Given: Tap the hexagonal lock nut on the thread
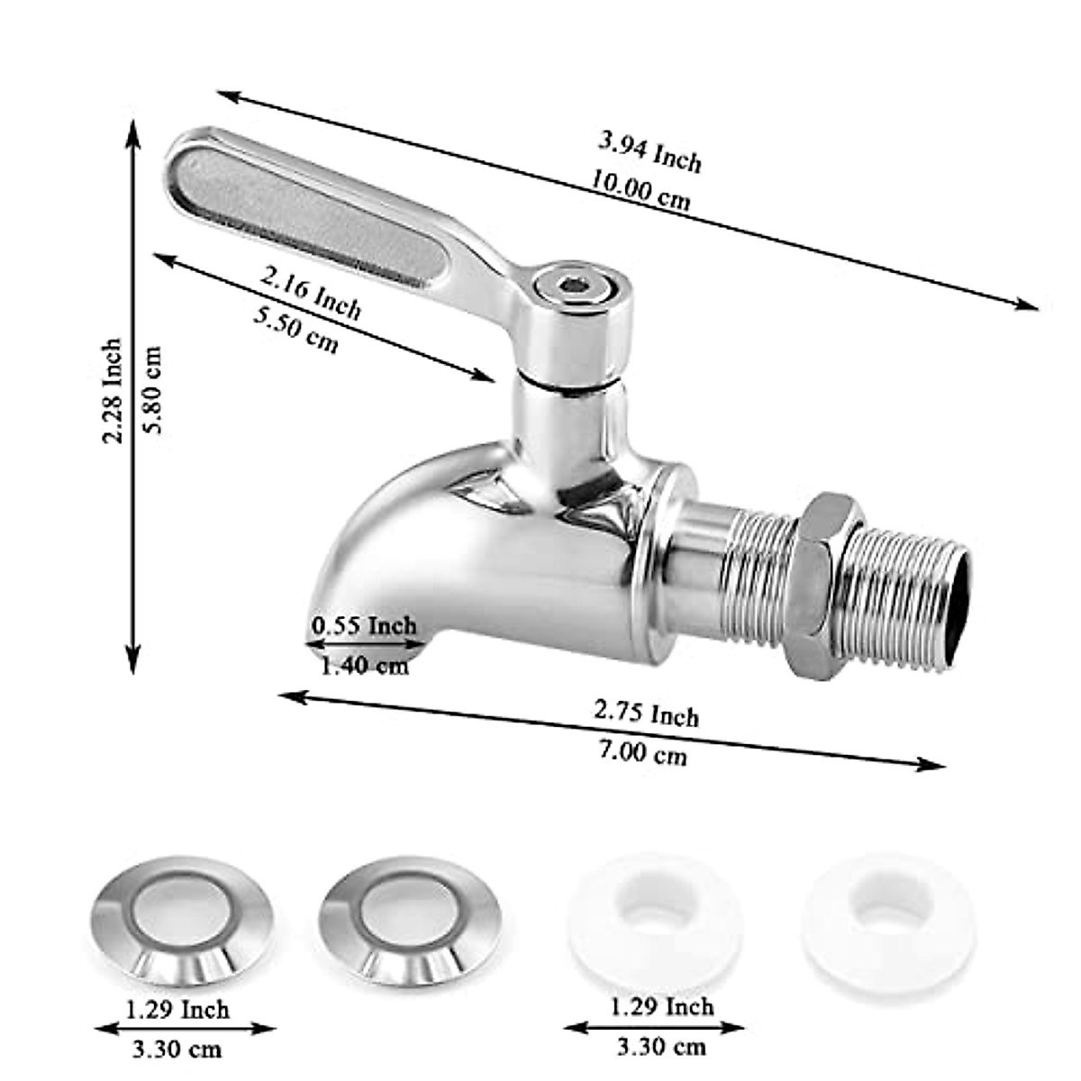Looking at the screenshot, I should (822, 586).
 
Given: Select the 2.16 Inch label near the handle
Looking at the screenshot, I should (311, 293).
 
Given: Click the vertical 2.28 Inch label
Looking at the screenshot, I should (112, 391).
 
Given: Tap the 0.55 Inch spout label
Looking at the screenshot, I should (364, 624).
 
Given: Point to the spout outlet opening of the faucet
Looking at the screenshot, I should (365, 650).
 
